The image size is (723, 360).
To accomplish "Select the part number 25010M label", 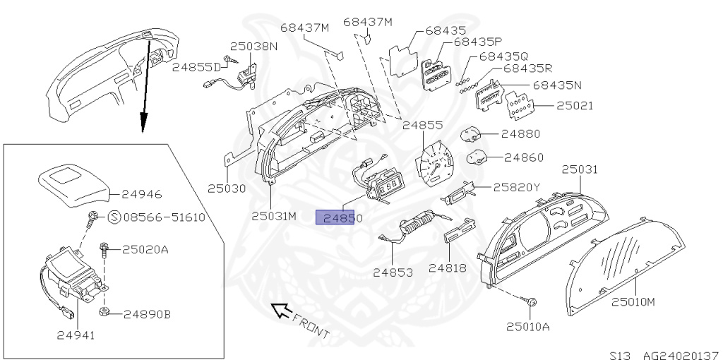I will (633, 301).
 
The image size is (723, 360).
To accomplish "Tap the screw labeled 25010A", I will (532, 302).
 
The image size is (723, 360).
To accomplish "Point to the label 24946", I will (141, 192).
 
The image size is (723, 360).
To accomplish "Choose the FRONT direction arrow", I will (280, 308).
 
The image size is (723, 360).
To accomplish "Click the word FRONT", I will (311, 323).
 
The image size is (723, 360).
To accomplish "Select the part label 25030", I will (227, 188).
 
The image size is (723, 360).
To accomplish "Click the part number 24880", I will (521, 133).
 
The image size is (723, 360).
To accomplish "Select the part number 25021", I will (574, 106).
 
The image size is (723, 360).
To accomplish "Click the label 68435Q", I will (503, 56).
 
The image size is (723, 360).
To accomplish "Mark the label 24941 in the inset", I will (76, 335).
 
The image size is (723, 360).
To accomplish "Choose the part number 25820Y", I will (516, 187).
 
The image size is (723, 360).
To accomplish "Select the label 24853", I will (393, 270).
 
